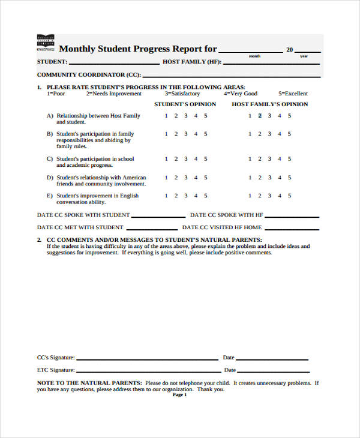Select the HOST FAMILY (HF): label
click(192, 62)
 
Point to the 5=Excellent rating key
click(293, 94)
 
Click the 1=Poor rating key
click(56, 94)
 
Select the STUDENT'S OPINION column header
click(185, 104)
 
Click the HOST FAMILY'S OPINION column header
click(270, 104)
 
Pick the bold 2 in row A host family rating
click(260, 116)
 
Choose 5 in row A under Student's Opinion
click(206, 116)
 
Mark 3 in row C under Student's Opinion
click(185, 159)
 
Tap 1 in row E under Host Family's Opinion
click(250, 196)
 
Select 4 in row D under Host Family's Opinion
click(279, 178)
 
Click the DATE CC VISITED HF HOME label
click(222, 227)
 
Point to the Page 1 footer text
click(180, 395)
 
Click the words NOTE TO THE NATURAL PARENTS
click(89, 382)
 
